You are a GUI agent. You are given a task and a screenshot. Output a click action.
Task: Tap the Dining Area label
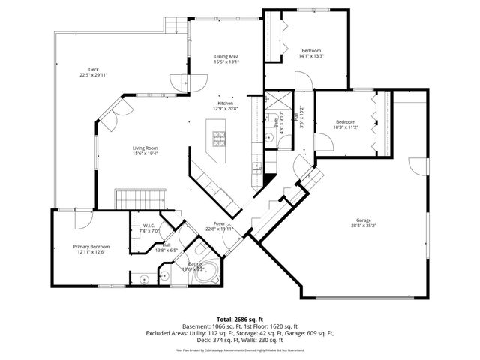point(226,57)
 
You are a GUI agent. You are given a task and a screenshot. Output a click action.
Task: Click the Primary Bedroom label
point(91,247)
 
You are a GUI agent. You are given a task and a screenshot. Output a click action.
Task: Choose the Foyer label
point(220,223)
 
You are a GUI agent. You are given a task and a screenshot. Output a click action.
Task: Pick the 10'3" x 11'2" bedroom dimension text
point(346,127)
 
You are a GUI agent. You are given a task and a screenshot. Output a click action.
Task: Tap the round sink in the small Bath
point(269,139)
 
